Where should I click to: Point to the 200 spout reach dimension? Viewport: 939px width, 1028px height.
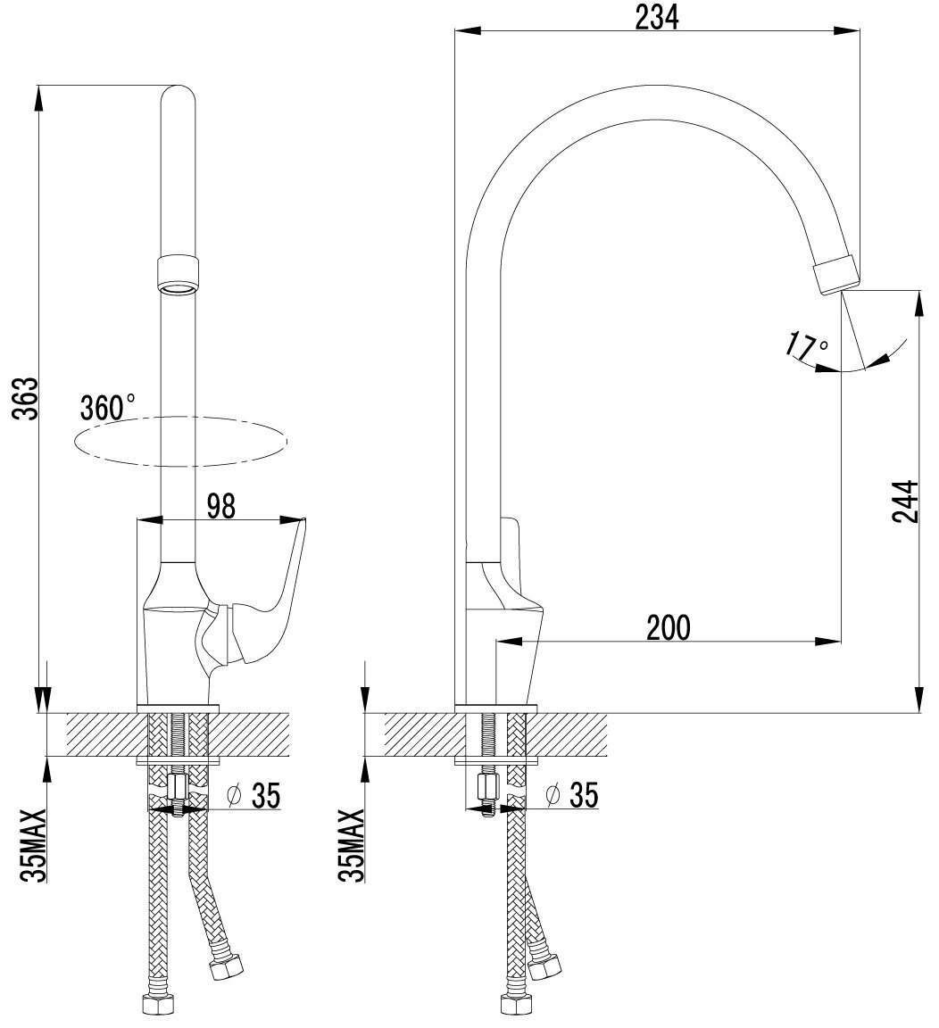[669, 627]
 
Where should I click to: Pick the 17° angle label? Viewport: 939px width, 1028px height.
[807, 345]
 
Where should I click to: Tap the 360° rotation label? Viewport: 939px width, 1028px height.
[107, 408]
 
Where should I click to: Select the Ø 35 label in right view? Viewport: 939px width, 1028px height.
[571, 794]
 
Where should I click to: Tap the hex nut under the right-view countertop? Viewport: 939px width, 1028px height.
[487, 786]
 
